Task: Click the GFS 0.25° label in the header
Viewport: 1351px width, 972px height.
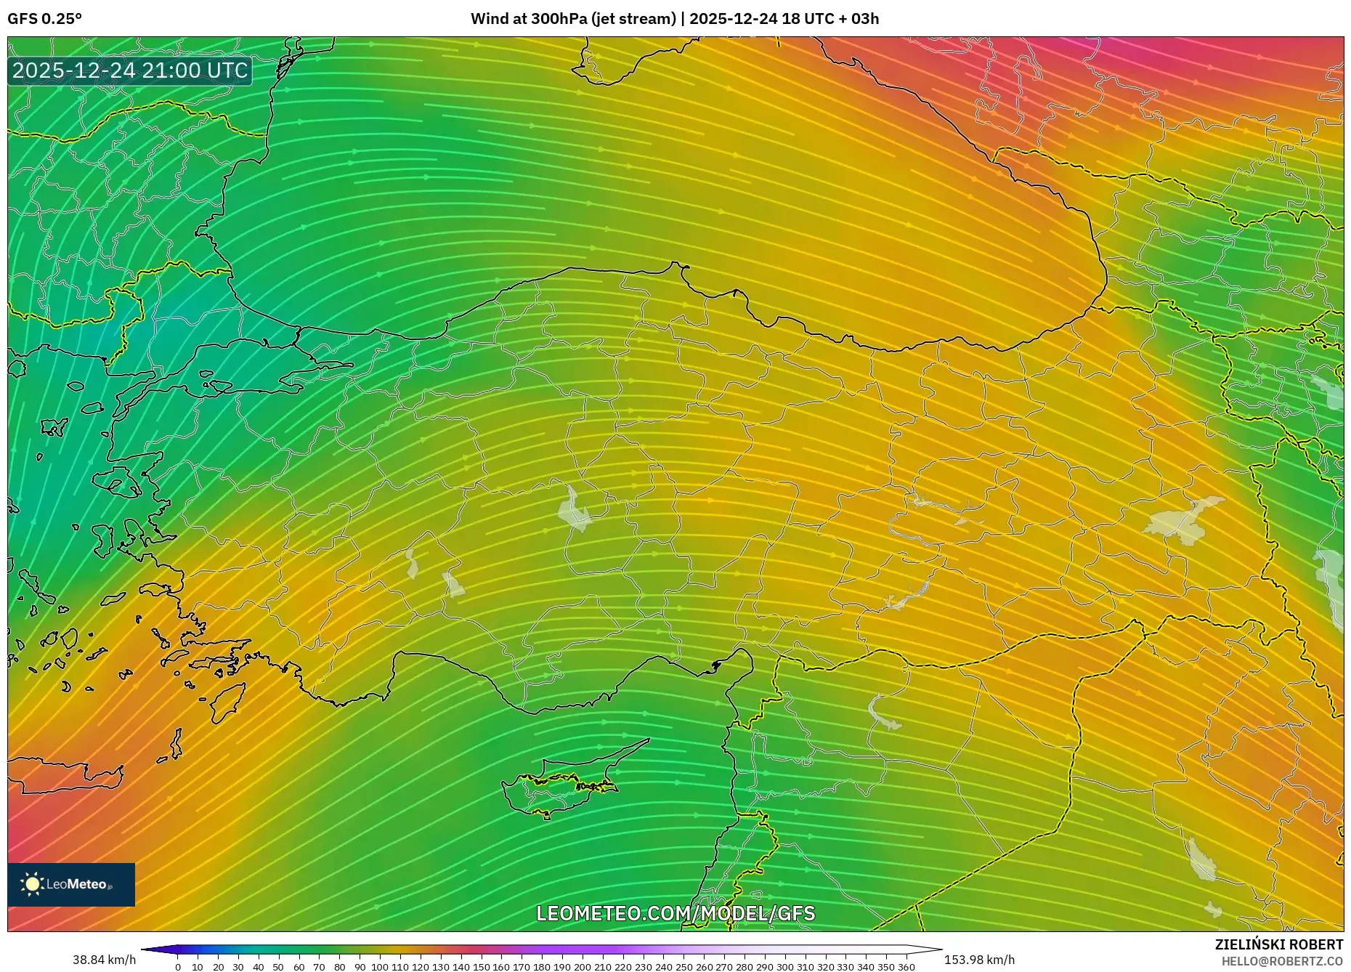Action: [x=44, y=19]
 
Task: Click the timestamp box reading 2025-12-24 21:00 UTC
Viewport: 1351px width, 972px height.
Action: [x=130, y=70]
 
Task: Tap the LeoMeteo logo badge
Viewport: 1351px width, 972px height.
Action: [x=71, y=884]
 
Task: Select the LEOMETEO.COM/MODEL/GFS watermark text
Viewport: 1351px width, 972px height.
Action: [x=675, y=913]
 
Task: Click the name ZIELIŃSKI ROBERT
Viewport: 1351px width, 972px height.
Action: [x=1278, y=944]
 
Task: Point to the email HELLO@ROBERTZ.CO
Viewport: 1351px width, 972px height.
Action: [x=1281, y=961]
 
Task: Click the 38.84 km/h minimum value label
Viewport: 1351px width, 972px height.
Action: [x=104, y=960]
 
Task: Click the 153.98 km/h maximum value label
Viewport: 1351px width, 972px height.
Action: [x=979, y=960]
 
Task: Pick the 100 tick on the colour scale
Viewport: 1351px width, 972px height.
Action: [x=380, y=967]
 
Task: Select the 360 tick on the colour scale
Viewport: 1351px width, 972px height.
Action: [x=906, y=967]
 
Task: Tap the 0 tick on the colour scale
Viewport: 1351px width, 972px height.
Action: [x=178, y=967]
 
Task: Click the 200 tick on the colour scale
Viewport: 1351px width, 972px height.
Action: [x=582, y=967]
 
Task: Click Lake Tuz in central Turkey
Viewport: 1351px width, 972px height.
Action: [x=575, y=511]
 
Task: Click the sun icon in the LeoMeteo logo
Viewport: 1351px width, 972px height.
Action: [x=32, y=884]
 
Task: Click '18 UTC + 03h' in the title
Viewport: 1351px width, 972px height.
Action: [x=830, y=19]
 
